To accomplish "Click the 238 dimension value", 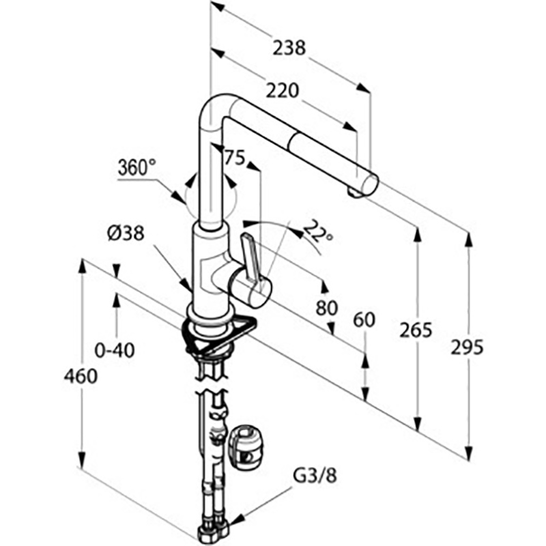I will pos(289,48).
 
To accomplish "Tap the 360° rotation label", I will pos(136,167).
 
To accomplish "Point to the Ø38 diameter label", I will pos(125,233).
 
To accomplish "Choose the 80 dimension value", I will pos(327,308).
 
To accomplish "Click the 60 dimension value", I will pos(364,320).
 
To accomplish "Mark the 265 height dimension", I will pos(416,330).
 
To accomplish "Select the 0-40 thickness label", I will pos(114,351).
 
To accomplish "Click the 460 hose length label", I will pos(78,375).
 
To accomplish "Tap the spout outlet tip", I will pos(354,192).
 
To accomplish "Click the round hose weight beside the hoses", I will pos(245,446).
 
